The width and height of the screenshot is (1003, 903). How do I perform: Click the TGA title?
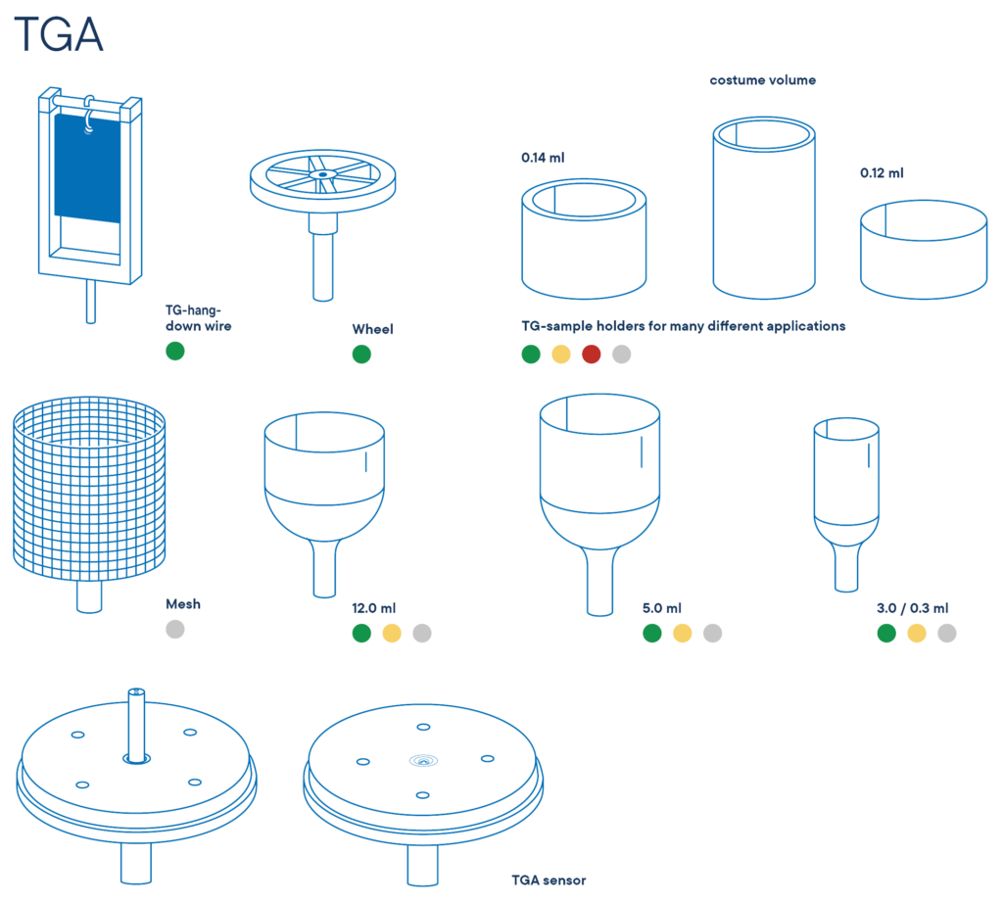pos(58,34)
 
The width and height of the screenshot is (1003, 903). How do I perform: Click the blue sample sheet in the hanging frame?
pos(87,167)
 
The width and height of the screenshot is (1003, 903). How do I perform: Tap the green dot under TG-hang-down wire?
pos(175,351)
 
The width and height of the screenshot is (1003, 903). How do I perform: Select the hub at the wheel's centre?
pos(323,174)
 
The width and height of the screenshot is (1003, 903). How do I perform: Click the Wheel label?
pos(373,329)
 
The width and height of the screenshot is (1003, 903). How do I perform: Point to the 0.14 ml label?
pos(543,158)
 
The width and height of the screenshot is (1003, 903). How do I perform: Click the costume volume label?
pos(762,80)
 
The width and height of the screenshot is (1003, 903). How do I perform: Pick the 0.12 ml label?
pos(883,172)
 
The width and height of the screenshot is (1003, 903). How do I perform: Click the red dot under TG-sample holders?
pos(592,355)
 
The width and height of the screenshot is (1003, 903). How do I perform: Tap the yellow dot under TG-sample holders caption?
pos(561,355)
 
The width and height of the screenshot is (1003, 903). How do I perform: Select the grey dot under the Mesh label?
pos(175,630)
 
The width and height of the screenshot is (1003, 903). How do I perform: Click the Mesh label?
pos(183,604)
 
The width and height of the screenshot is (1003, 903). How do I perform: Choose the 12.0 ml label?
pos(373,608)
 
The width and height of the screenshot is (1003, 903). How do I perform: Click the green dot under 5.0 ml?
pos(652,633)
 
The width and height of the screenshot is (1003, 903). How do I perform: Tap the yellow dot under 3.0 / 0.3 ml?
pos(917,633)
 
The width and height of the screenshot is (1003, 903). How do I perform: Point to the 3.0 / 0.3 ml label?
pos(913,608)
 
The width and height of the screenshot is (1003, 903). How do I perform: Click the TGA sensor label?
pos(549,880)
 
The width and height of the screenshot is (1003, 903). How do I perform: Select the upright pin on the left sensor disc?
pos(136,725)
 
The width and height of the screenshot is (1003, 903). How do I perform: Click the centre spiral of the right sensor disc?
pos(423,760)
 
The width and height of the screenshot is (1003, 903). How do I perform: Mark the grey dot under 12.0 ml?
pos(422,633)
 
